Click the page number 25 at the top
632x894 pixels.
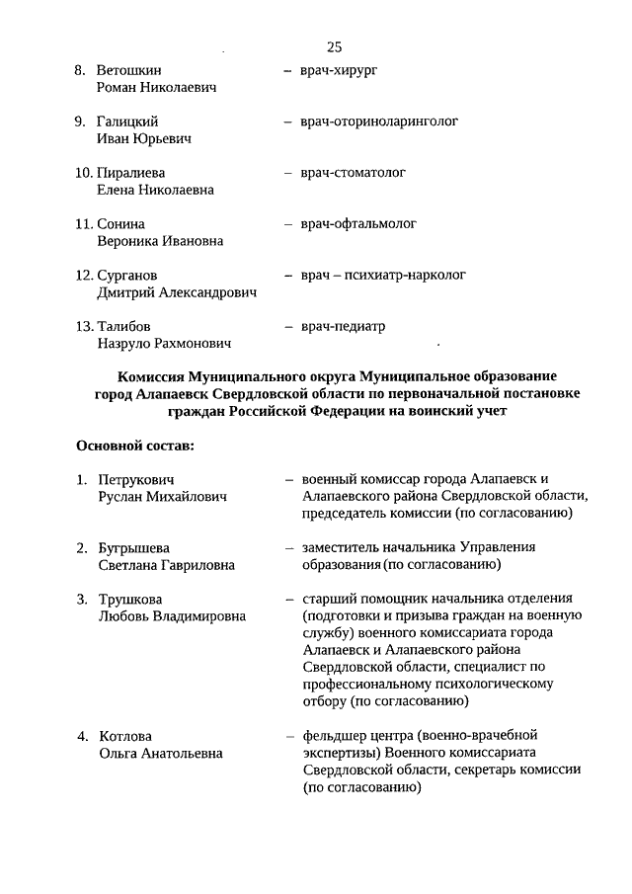(x=333, y=46)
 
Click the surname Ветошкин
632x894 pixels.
(x=129, y=71)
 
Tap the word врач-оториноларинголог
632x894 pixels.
(x=380, y=122)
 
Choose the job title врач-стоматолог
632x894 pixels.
(x=353, y=173)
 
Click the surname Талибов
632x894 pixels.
(x=124, y=327)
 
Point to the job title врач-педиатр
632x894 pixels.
(x=343, y=326)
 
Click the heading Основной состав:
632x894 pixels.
(x=135, y=446)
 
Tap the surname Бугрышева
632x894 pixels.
(x=134, y=548)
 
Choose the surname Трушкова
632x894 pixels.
(x=130, y=600)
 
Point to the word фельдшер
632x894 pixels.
(x=335, y=736)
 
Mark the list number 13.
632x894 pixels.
(x=84, y=327)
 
